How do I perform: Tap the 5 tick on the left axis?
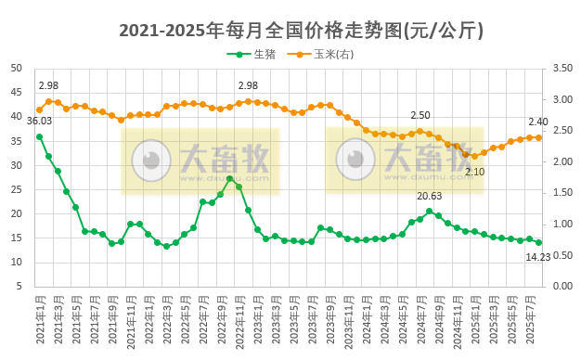(21, 286)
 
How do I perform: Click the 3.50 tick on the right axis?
(561, 69)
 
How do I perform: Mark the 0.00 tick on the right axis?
(561, 286)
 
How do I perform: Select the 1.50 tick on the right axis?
(561, 193)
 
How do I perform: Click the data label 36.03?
(40, 121)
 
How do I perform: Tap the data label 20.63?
(429, 196)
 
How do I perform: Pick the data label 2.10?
(474, 172)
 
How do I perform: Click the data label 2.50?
(421, 116)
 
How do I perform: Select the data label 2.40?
(539, 122)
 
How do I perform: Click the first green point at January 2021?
(39, 136)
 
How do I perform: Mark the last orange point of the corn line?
(538, 137)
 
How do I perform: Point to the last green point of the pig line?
(538, 242)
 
